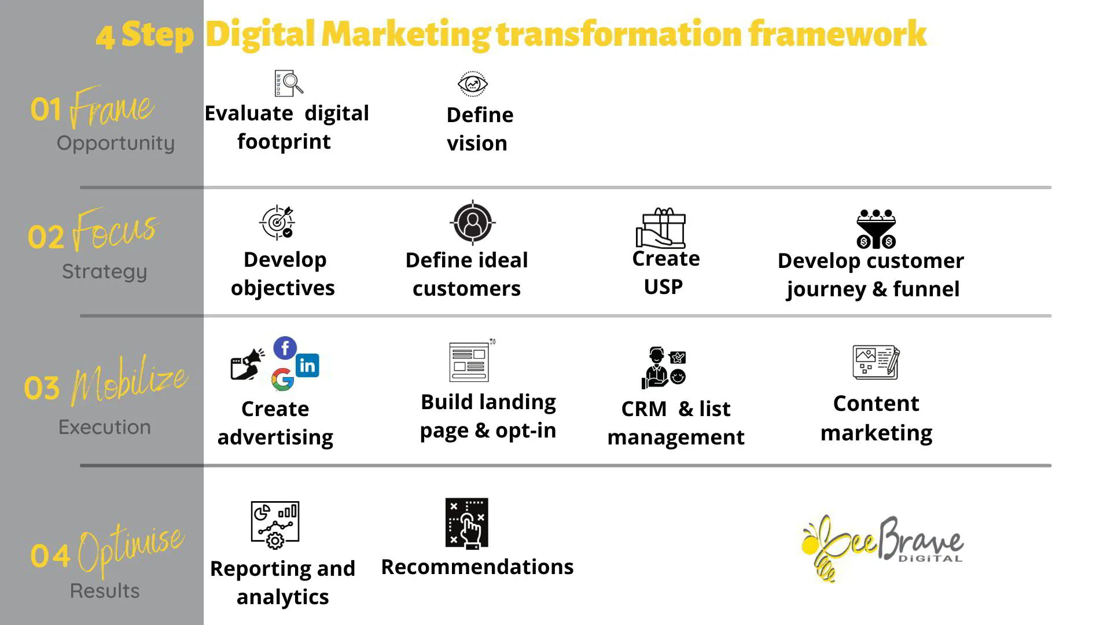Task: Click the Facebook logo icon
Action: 285,348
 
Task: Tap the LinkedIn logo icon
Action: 307,365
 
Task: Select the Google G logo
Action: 282,380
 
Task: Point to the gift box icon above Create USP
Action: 661,228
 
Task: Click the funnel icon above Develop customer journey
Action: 876,229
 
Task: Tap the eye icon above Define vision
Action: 473,84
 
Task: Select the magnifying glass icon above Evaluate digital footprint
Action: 289,83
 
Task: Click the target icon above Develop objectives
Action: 277,222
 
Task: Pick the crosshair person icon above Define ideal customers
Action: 473,223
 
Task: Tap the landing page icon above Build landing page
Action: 469,362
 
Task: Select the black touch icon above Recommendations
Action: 466,523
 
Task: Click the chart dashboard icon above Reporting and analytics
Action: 275,524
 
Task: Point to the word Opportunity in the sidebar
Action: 116,143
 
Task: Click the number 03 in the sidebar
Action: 42,388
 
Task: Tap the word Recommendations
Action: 477,567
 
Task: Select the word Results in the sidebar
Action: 105,591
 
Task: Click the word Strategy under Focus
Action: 105,271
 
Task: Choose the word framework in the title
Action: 837,34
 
